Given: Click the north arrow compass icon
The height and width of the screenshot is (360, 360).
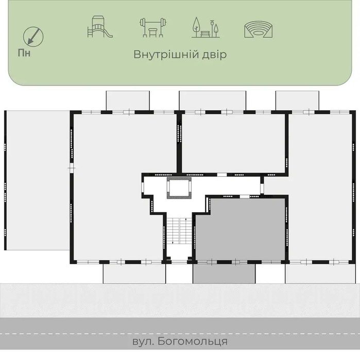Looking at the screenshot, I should (33, 36).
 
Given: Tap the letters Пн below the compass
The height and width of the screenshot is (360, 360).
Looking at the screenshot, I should (24, 52).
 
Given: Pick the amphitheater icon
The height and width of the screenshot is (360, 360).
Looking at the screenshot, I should (258, 29).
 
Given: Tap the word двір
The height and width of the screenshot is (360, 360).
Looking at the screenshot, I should (213, 55).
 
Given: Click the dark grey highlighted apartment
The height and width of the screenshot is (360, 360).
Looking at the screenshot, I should (240, 229).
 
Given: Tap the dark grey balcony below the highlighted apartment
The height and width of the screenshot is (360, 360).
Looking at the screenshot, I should (224, 273).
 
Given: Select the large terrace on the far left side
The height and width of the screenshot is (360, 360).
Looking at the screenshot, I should (37, 180).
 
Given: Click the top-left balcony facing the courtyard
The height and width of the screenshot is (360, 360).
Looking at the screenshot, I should (128, 100).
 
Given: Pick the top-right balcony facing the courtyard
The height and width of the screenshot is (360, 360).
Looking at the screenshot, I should (297, 100).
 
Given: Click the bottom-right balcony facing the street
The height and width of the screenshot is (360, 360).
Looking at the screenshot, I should (320, 273).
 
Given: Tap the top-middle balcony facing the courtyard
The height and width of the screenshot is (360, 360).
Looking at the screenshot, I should (212, 100).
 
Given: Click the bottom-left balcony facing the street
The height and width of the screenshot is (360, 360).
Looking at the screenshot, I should (134, 273).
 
